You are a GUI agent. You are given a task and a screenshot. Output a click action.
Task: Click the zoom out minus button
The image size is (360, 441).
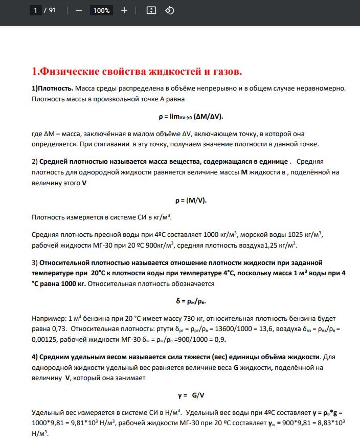click(x=78, y=10)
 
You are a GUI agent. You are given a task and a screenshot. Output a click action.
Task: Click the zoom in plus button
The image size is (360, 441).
click(x=124, y=10)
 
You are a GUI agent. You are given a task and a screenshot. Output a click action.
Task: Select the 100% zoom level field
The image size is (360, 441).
click(x=101, y=10)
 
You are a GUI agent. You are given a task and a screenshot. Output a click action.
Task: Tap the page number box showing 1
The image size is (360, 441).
click(x=35, y=10)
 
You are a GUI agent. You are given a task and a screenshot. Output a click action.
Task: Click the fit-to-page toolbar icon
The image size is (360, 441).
click(x=151, y=10)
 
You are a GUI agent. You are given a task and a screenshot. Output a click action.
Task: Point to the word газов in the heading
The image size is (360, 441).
click(x=223, y=71)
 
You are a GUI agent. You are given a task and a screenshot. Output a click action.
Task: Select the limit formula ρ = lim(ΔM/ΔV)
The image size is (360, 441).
click(x=191, y=116)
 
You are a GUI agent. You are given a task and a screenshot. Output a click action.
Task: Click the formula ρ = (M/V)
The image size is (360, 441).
click(x=191, y=200)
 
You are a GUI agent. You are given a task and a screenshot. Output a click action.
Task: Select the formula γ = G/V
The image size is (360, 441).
click(x=191, y=395)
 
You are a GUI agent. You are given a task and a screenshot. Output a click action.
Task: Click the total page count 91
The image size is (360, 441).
click(x=53, y=10)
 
